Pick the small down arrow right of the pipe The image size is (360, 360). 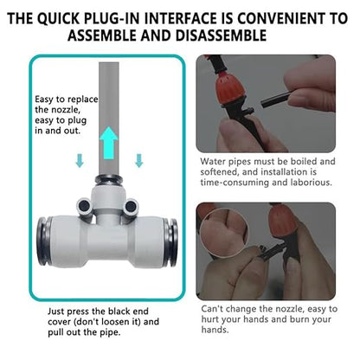point(138,161)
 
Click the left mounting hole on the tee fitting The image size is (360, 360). point(85,205)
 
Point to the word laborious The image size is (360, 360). point(307,183)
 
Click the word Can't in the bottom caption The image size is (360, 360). point(214,308)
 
